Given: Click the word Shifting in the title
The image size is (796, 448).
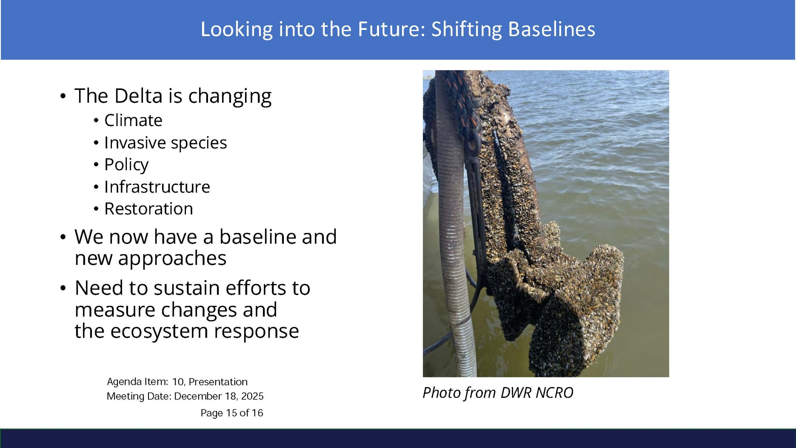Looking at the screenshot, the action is (466, 30).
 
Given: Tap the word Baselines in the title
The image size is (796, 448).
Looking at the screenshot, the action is (552, 29).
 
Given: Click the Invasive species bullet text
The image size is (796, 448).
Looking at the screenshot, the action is (166, 143).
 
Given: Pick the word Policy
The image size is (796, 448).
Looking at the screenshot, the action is (127, 165).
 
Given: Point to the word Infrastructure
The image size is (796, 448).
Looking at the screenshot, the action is (157, 187).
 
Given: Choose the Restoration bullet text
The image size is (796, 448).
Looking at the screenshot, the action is (149, 208).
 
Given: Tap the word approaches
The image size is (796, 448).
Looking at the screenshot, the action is (150, 259).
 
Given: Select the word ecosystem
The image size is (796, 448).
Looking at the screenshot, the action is (159, 332).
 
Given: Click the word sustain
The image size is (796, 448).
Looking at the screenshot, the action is (187, 288).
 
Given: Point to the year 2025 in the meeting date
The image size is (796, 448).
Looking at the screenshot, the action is (252, 396).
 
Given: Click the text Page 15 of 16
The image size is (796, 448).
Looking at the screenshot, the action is (232, 413).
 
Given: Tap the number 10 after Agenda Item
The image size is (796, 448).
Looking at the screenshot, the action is (178, 382).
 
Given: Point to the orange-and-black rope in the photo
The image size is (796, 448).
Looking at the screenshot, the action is (460, 103).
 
